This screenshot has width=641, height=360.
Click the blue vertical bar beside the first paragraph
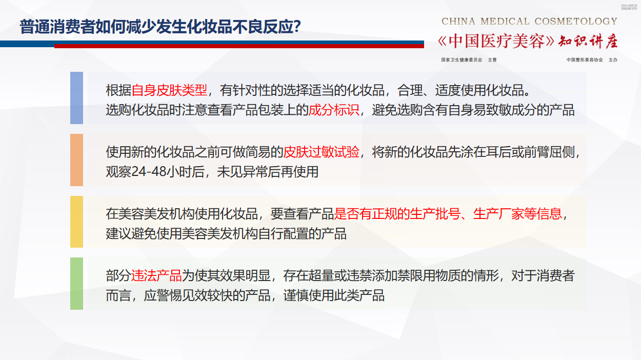(x=76, y=98)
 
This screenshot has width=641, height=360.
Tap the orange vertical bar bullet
(x=76, y=160)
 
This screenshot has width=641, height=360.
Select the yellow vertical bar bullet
(x=76, y=222)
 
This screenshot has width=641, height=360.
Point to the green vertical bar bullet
(x=76, y=284)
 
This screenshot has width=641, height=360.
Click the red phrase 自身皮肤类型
(x=169, y=91)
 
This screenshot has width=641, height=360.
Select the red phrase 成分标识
(x=334, y=110)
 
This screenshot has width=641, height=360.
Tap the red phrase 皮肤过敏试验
(x=321, y=152)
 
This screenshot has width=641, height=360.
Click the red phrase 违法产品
(x=156, y=276)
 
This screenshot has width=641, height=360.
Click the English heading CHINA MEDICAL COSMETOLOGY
(x=529, y=22)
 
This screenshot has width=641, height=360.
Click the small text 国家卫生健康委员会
(x=462, y=60)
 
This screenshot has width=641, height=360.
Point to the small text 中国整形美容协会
(x=585, y=60)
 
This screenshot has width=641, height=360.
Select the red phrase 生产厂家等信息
(x=517, y=214)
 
